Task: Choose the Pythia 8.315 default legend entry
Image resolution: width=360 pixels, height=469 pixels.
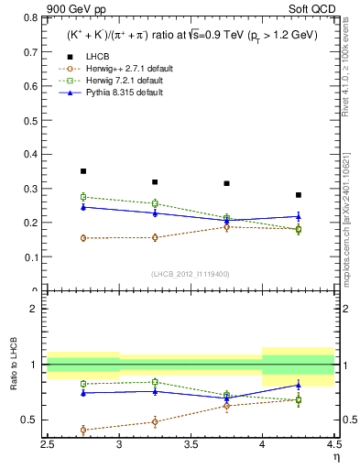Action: [x=110, y=92]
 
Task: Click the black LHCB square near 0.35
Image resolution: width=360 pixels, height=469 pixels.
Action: [x=83, y=171]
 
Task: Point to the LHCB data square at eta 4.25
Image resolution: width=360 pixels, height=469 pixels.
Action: [x=299, y=195]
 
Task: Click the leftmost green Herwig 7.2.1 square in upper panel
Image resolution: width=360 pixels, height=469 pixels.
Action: [x=83, y=197]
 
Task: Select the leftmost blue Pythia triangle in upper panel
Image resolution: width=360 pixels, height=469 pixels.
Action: [x=83, y=207]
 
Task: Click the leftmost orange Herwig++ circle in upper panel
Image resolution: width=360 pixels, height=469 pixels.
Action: [x=83, y=238]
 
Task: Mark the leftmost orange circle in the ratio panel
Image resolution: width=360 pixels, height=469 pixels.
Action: [x=83, y=430]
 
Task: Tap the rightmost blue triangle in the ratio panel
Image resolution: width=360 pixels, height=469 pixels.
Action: [x=299, y=385]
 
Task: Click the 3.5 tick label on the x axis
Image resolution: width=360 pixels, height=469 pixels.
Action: [x=191, y=445]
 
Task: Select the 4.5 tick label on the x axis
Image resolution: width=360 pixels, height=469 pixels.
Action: [x=333, y=445]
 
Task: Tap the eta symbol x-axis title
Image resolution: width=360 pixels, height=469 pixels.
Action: [x=336, y=457]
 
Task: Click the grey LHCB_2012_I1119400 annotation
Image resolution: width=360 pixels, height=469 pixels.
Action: [x=191, y=275]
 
